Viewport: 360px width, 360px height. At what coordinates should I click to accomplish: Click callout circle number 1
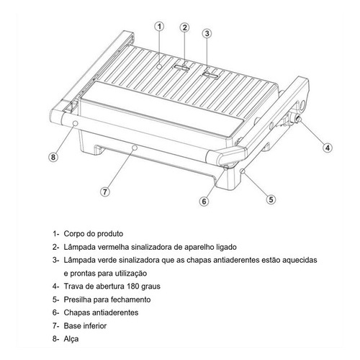pos(159,27)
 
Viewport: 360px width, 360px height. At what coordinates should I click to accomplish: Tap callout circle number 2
pos(184,27)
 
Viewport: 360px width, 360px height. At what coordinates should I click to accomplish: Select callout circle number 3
pos(207,33)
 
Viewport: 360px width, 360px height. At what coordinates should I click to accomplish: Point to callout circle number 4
pos(328,148)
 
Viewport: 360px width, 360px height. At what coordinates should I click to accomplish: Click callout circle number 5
pos(271,199)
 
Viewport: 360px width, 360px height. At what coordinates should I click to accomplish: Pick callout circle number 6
pos(204,201)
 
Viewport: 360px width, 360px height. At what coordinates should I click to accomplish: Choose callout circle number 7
pos(105,192)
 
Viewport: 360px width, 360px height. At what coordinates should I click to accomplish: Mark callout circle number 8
pos(53,157)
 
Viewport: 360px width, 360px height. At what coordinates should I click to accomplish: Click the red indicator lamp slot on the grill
pos(181,68)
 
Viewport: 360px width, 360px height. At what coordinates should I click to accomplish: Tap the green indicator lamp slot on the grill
pos(210,75)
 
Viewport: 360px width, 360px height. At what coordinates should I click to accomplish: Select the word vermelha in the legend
pos(113,247)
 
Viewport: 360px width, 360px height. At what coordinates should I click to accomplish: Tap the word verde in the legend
pos(107,260)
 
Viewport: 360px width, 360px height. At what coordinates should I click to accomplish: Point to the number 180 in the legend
pos(133,287)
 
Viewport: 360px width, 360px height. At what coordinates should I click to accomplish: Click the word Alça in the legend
pos(71,339)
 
